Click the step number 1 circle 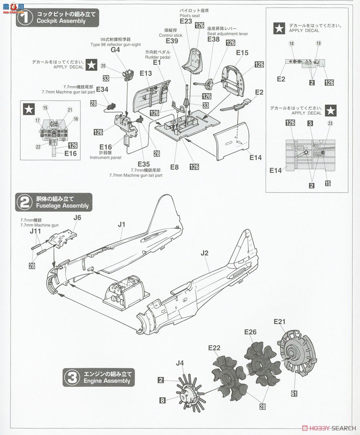pyautogui.click(x=25, y=18)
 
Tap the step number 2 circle pyautogui.click(x=25, y=203)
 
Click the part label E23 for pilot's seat pyautogui.click(x=186, y=21)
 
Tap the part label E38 pyautogui.click(x=213, y=39)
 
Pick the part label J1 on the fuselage pyautogui.click(x=121, y=224)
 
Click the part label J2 pyautogui.click(x=205, y=253)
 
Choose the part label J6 pyautogui.click(x=77, y=218)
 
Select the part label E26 pyautogui.click(x=250, y=332)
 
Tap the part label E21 pyautogui.click(x=280, y=322)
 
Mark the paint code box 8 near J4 pyautogui.click(x=163, y=400)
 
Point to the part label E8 pyautogui.click(x=175, y=167)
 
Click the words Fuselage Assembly pyautogui.click(x=62, y=206)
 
